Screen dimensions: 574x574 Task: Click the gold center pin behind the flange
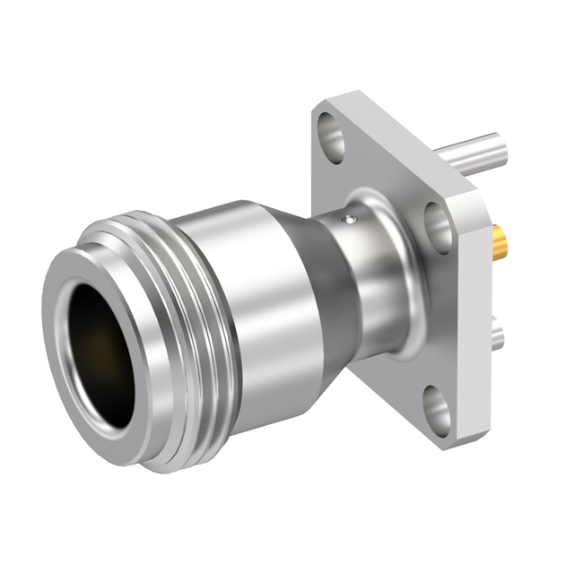click(x=499, y=240)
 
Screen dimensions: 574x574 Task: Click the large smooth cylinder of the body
click(x=242, y=305)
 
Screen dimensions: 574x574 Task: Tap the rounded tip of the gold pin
click(x=505, y=241)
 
